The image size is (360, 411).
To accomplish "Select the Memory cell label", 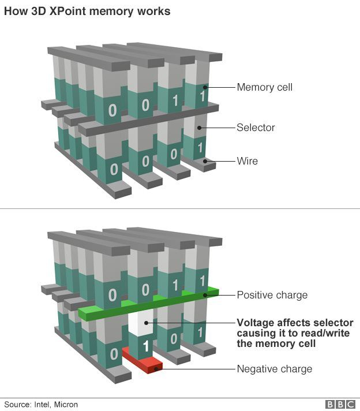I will point(264,87).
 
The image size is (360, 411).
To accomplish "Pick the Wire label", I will point(247,161).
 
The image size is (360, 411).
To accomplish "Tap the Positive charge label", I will point(272,295).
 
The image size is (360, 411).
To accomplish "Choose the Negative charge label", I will point(274,369).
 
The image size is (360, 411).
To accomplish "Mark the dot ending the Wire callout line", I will point(206,162).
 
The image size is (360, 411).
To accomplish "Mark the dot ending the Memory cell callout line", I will point(206,88).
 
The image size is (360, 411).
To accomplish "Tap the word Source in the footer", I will point(17,405).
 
